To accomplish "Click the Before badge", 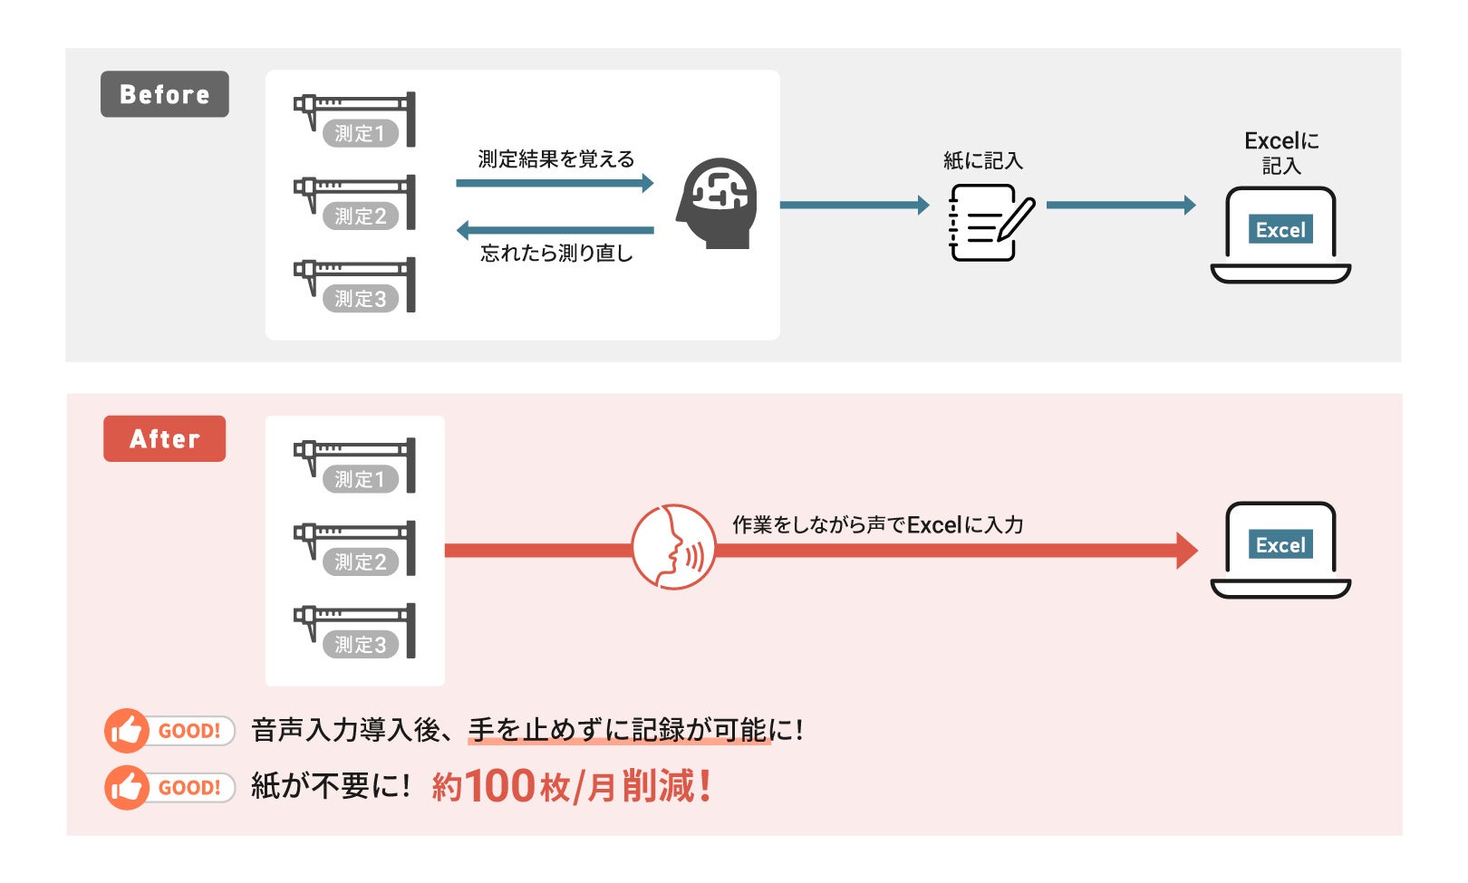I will point(164,94).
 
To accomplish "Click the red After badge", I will point(164,438).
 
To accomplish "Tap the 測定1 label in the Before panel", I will point(360,134).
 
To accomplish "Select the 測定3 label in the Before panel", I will point(360,299).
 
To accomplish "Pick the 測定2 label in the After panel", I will point(360,562).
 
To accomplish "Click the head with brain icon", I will point(717,204).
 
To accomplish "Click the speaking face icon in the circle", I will point(673,547).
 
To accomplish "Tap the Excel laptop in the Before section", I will point(1280,234).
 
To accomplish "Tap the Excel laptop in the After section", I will point(1280,549).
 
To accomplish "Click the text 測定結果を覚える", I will point(556,159).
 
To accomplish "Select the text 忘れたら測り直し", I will point(556,254).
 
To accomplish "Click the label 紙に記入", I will point(983,161).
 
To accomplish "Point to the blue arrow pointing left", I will point(555,230).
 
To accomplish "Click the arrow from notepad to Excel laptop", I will point(1120,205).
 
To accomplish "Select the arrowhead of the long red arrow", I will point(1186,550).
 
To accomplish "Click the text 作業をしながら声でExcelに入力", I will point(877,525).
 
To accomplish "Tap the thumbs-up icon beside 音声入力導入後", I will point(126,731).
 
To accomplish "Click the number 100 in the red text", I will point(499,786).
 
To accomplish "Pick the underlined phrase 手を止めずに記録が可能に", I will point(619,730).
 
